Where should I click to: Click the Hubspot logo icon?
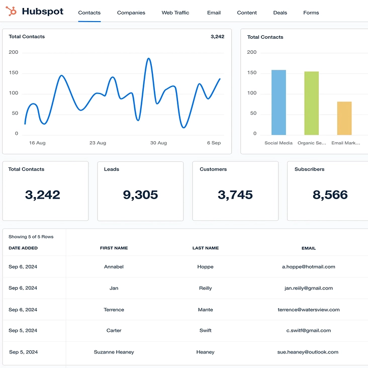[x=12, y=11]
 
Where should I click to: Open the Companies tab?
[x=131, y=13]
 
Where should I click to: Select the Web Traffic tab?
[x=175, y=13]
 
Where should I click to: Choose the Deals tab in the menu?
[x=280, y=13]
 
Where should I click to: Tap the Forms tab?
[x=311, y=13]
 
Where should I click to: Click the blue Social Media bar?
[x=279, y=103]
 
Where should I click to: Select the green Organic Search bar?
[x=311, y=103]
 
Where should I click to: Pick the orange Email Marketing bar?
[x=344, y=118]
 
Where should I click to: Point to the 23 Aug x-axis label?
[x=98, y=143]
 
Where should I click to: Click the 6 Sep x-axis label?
[x=214, y=143]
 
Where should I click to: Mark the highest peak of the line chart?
[x=148, y=59]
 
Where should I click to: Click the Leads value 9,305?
[x=140, y=195]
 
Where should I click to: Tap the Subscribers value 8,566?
[x=330, y=195]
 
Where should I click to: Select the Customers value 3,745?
[x=235, y=195]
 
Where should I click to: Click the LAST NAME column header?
[x=205, y=248]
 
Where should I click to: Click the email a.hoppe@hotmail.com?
[x=308, y=266]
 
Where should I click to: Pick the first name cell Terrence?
[x=114, y=310]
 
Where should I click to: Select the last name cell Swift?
[x=205, y=330]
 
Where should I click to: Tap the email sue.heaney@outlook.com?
[x=308, y=352]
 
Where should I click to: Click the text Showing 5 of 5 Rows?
[x=31, y=236]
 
